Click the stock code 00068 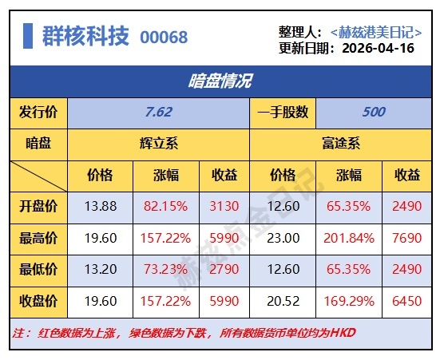164,37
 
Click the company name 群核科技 85,36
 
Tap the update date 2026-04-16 378,48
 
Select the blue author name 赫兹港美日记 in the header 376,32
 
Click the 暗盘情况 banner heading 220,81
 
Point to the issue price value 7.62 159,112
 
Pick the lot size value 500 374,112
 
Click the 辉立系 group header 159,144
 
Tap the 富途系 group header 341,144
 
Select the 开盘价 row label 38,206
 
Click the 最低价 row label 38,269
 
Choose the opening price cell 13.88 101,206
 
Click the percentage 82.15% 165,206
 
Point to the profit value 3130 224,206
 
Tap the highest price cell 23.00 283,238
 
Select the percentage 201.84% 349,238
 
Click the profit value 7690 407,238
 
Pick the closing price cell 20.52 283,301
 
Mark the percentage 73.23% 165,269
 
